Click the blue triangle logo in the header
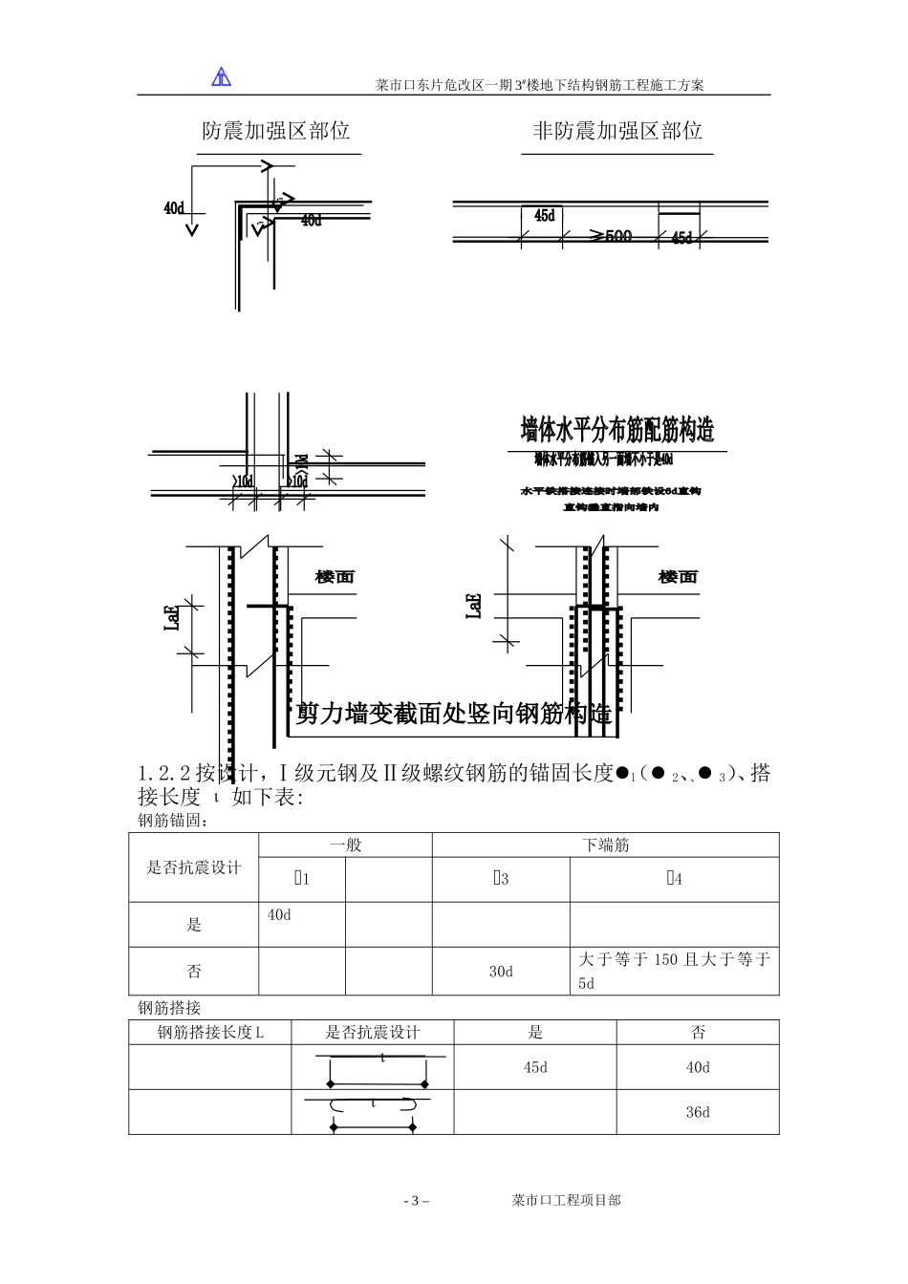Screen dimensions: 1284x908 click(x=222, y=76)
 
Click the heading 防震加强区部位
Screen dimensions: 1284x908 click(x=276, y=132)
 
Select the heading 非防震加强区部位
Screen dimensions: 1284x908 click(x=617, y=132)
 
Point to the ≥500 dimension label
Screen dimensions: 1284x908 click(x=611, y=236)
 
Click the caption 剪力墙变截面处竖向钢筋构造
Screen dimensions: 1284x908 click(x=454, y=714)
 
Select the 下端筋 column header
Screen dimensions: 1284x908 click(x=606, y=845)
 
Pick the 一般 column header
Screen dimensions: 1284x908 click(x=345, y=845)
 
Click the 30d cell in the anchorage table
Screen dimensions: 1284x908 click(x=501, y=972)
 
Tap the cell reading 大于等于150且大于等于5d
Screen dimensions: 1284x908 click(x=674, y=971)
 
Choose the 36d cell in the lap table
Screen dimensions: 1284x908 click(x=698, y=1112)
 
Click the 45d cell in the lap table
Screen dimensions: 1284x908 click(x=535, y=1067)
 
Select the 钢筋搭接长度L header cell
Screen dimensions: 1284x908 click(x=210, y=1033)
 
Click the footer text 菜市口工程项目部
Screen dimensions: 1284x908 click(x=566, y=1200)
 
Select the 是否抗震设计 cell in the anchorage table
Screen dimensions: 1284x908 click(x=194, y=867)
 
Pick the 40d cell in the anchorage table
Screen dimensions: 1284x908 click(x=279, y=915)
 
